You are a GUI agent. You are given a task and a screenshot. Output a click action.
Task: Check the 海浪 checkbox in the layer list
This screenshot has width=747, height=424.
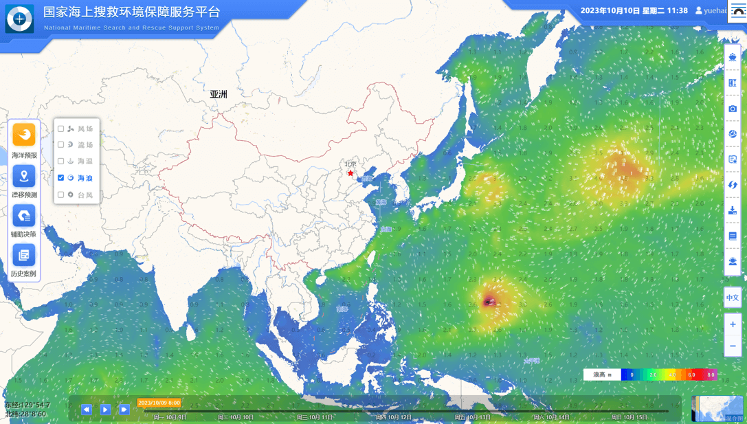click(61, 178)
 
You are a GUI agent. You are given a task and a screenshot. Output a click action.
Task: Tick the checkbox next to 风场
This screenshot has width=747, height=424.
click(61, 129)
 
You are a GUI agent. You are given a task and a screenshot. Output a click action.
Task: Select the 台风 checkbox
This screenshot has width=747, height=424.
click(61, 195)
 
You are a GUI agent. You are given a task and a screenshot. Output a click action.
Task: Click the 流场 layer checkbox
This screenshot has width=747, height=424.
click(61, 145)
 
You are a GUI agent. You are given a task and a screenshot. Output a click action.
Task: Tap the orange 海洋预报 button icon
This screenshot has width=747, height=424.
click(24, 135)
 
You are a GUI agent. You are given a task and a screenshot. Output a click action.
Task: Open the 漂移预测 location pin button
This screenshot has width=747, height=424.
click(24, 176)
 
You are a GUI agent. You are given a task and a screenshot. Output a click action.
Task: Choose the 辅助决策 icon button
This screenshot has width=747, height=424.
click(24, 216)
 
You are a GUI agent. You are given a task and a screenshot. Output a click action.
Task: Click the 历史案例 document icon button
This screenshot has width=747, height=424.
click(24, 255)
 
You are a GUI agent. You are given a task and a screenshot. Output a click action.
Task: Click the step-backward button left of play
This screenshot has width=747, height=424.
click(87, 410)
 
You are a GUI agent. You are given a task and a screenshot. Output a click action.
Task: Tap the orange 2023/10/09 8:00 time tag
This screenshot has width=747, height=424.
click(159, 403)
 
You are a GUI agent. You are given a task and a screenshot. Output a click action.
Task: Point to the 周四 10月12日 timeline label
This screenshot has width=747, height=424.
click(394, 417)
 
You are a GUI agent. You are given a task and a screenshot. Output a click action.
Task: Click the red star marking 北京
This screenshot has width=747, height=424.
click(350, 173)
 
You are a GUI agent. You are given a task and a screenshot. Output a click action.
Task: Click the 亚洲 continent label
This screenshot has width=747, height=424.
click(219, 94)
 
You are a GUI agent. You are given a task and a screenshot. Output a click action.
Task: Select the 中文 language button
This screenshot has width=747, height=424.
click(733, 298)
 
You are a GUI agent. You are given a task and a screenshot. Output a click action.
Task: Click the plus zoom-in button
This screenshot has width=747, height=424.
click(733, 324)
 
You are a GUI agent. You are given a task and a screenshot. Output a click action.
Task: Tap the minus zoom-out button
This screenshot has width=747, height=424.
click(733, 346)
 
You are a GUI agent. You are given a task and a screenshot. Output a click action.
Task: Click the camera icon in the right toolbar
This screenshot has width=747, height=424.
click(733, 109)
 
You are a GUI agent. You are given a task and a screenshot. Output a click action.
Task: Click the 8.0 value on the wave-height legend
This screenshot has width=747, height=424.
click(711, 375)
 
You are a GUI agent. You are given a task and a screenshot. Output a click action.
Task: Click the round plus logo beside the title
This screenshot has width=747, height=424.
click(19, 19)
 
